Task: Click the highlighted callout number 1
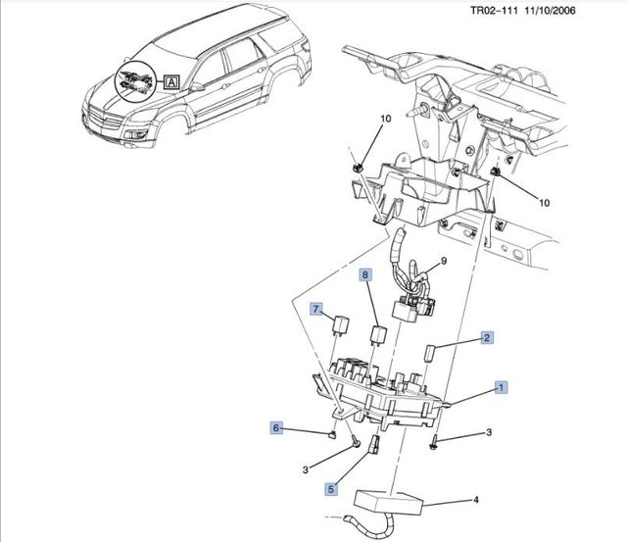click(x=501, y=388)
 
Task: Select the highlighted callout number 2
click(x=486, y=338)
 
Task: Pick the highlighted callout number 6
click(x=276, y=427)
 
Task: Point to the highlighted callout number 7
click(x=316, y=310)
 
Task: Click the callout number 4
click(x=476, y=501)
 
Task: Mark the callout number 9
click(x=443, y=261)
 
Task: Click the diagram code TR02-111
click(x=462, y=11)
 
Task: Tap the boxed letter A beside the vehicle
click(x=172, y=83)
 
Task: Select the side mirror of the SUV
click(x=199, y=86)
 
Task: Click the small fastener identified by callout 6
click(x=335, y=433)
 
